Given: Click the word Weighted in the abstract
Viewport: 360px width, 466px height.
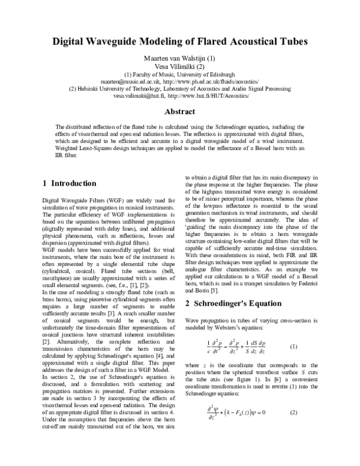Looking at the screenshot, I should point(69,148).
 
